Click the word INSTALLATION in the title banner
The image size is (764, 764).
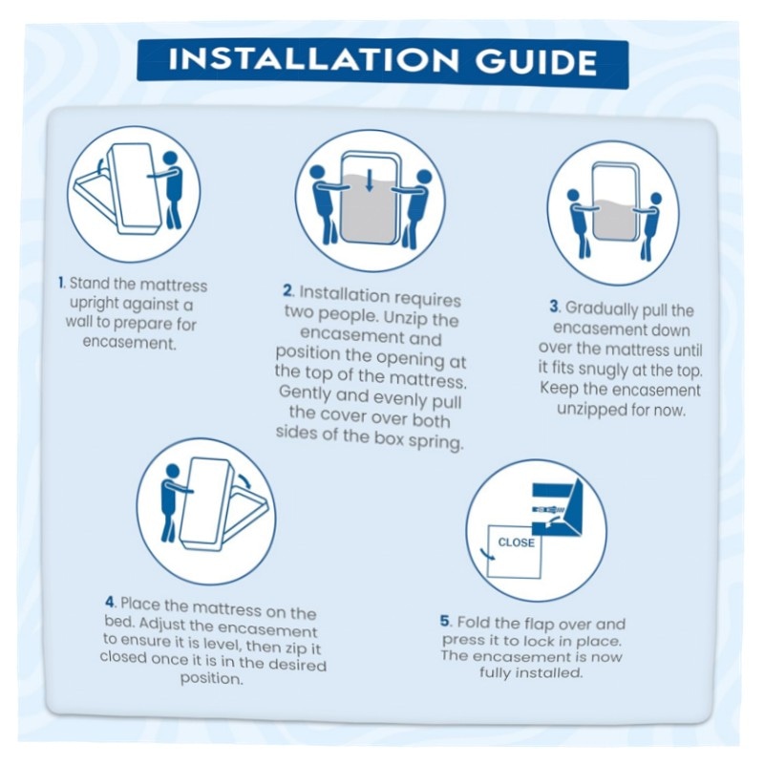[313, 59]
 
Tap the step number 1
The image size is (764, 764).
[61, 283]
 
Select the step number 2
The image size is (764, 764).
[288, 291]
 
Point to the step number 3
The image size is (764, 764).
[555, 307]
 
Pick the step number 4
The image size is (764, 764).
[110, 603]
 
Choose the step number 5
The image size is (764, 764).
[445, 622]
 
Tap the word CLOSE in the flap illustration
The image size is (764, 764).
[516, 542]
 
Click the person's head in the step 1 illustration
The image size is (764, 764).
[170, 159]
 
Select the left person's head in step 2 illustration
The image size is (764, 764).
[317, 174]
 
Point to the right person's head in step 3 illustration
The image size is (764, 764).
[656, 199]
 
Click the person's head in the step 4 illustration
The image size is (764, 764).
[173, 471]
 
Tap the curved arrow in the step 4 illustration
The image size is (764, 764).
[245, 479]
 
